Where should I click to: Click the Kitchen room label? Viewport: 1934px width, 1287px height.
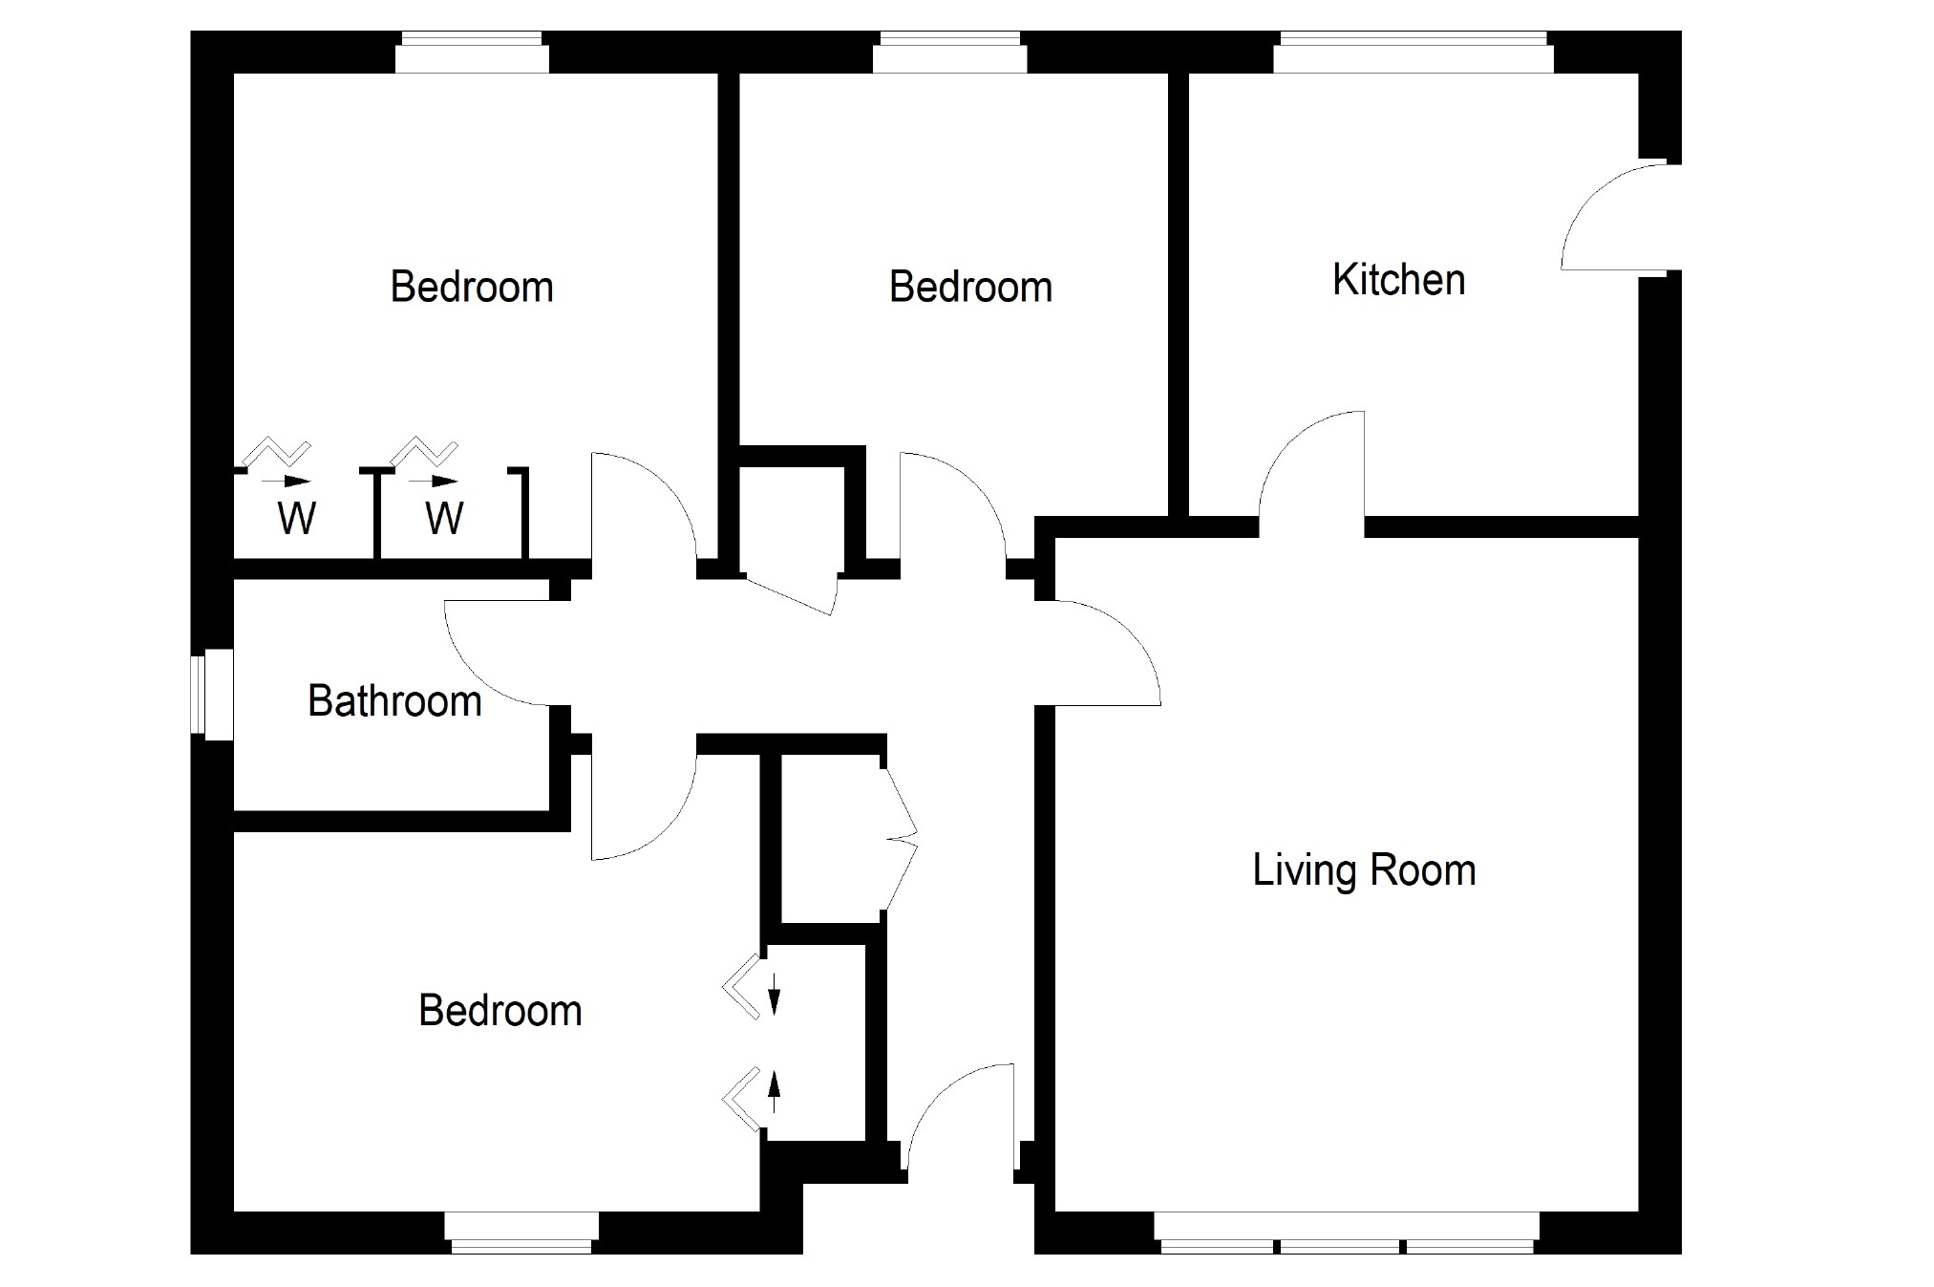pos(1398,280)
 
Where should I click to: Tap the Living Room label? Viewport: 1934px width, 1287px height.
pos(1364,870)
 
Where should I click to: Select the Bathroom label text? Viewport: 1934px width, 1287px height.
pos(394,701)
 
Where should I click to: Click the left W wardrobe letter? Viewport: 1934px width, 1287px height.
pos(296,518)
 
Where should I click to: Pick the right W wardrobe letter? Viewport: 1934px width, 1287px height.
pos(444,518)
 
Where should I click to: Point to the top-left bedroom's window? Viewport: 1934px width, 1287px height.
pos(472,52)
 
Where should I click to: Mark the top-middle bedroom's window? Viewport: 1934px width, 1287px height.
pos(949,52)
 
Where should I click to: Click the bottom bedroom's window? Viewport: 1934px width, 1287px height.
pos(521,1233)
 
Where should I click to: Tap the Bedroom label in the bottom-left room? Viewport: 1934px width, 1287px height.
pos(500,1011)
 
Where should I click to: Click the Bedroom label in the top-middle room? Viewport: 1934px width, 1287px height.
pos(970,288)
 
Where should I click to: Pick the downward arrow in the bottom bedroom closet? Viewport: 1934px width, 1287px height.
pos(775,992)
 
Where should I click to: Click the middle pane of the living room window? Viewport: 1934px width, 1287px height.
pos(1340,1233)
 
